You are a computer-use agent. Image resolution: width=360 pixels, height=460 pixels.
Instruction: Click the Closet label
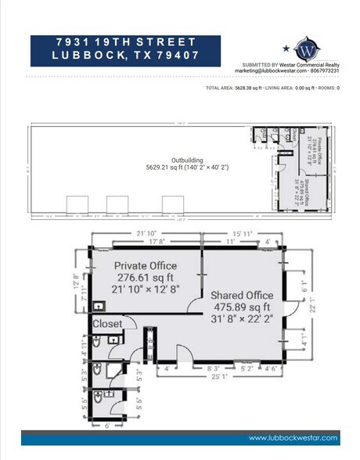point(108,323)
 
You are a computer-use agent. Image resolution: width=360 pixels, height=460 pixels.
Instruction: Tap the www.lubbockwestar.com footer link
point(293,437)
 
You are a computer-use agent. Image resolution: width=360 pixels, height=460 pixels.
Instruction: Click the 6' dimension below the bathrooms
point(108,425)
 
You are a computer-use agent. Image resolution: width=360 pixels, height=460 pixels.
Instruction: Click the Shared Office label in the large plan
point(241,294)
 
